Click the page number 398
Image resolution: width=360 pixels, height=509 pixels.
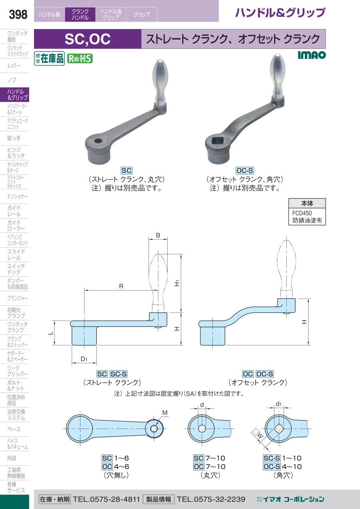[18, 14]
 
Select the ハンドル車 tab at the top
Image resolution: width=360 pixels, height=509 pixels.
[50, 14]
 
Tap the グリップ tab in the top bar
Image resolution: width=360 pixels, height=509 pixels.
[142, 14]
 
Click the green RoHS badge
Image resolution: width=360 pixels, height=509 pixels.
[80, 58]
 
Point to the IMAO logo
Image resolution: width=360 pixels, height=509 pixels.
[312, 55]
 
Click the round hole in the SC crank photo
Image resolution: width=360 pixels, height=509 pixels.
[98, 141]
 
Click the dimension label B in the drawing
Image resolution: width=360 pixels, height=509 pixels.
[158, 235]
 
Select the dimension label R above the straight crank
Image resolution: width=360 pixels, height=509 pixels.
[121, 287]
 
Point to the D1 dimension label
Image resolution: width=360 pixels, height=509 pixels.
[84, 359]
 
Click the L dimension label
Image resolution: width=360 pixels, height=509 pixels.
[51, 333]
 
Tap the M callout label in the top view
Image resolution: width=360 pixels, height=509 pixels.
[165, 413]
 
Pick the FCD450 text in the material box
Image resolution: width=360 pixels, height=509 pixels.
[302, 213]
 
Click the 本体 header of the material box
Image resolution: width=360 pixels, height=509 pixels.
[307, 203]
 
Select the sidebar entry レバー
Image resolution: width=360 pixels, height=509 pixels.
[14, 66]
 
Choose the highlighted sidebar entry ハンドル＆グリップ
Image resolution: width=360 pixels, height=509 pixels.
[14, 94]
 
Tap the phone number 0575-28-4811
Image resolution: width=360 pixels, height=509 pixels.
[106, 499]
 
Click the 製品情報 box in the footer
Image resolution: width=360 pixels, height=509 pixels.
[158, 499]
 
